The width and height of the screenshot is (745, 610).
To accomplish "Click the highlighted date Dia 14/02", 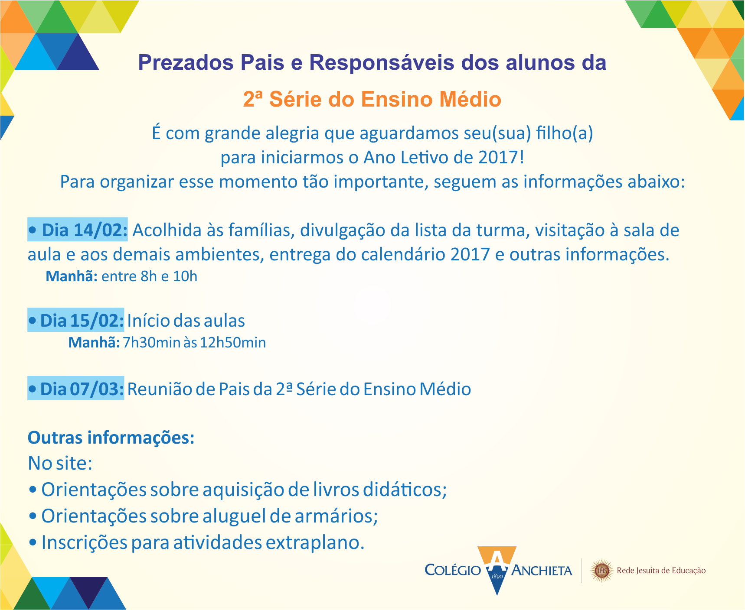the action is pyautogui.click(x=78, y=230).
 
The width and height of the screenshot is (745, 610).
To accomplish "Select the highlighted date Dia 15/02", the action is pyautogui.click(x=76, y=320).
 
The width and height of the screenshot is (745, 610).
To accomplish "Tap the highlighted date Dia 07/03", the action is pyautogui.click(x=76, y=389).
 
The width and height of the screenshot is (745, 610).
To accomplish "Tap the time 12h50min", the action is pyautogui.click(x=233, y=343).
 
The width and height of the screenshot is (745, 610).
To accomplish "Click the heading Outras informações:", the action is pyautogui.click(x=111, y=438).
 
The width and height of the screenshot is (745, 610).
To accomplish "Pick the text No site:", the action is pyautogui.click(x=60, y=463).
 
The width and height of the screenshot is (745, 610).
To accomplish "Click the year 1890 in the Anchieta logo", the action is pyautogui.click(x=497, y=576).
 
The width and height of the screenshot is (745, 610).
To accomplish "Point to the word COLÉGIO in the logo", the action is pyautogui.click(x=453, y=570).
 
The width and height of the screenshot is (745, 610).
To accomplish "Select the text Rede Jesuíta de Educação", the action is pyautogui.click(x=661, y=571).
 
